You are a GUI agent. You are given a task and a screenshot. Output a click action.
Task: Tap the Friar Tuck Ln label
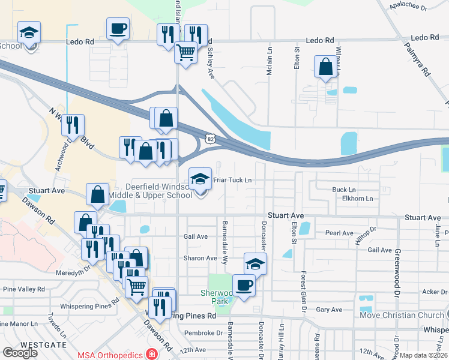click(232, 180)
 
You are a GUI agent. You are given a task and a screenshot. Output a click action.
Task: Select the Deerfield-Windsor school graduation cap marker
click(200, 178)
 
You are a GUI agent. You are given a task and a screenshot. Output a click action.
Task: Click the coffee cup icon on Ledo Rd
click(117, 28)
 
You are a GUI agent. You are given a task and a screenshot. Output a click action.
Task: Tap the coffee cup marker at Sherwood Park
click(244, 285)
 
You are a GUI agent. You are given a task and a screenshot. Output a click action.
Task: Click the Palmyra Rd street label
click(417, 58)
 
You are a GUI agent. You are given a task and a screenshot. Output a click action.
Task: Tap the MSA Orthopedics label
click(110, 355)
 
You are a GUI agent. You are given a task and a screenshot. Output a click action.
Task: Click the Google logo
click(20, 353)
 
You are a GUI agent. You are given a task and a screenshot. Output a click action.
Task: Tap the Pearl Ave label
click(339, 233)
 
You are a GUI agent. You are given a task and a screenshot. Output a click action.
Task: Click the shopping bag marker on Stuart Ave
click(98, 194)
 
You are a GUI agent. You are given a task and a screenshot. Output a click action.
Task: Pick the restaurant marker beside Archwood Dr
click(73, 125)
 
